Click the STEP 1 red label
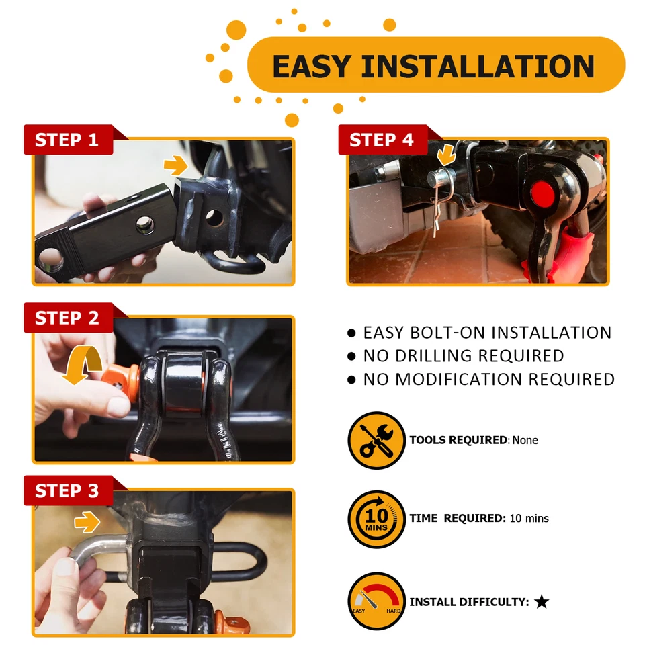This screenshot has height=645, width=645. [67, 140]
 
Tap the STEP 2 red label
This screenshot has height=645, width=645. [67, 318]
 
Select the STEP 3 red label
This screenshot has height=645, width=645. [67, 491]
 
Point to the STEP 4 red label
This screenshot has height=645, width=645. [382, 140]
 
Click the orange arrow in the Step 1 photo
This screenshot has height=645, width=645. [176, 166]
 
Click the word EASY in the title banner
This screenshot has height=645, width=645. [310, 66]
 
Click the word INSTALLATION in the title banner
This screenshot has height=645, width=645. [478, 66]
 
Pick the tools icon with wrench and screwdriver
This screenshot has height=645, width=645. [376, 441]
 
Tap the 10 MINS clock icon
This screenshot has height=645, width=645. [376, 519]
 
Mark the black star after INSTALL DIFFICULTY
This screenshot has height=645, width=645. [542, 602]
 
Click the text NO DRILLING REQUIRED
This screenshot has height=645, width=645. [463, 356]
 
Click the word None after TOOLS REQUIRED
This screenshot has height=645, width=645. [525, 441]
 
